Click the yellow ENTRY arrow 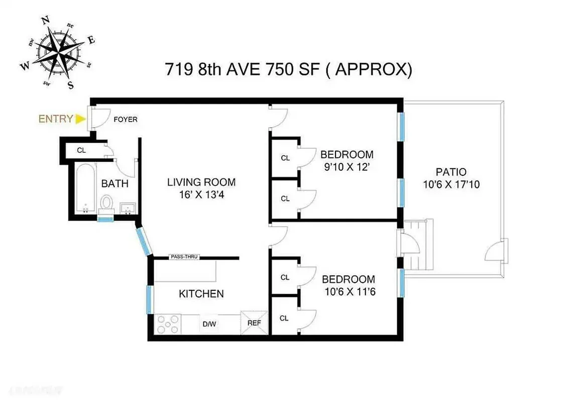[x=80, y=119]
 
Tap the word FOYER [x=126, y=120]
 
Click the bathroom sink [x=127, y=208]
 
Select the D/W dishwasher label [x=209, y=323]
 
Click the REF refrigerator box [x=254, y=323]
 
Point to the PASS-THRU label [x=184, y=257]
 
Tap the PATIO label [x=451, y=171]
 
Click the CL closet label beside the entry [x=81, y=150]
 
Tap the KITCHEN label [x=201, y=294]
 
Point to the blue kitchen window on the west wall [x=149, y=299]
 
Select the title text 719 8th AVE [x=218, y=69]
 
